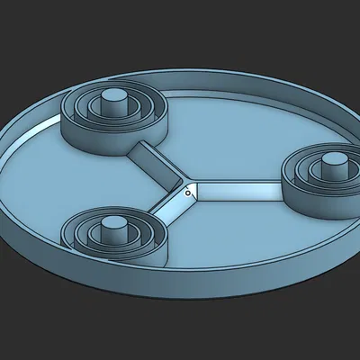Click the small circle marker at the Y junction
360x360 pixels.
[x=187, y=191]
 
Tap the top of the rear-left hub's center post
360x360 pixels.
[x=114, y=95]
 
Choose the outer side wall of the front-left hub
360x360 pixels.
[x=108, y=255]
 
